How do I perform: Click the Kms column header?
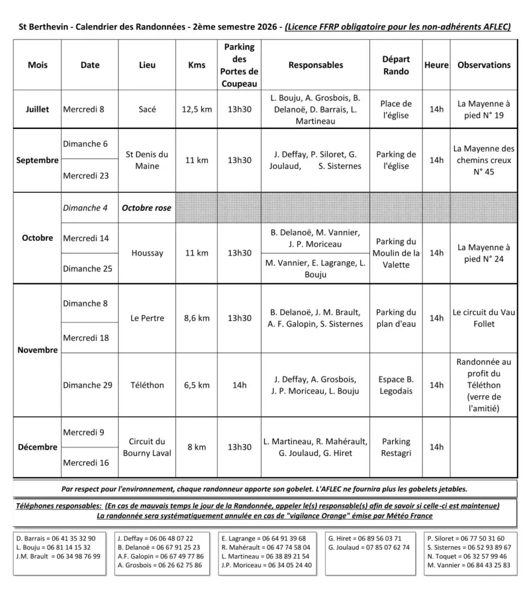coord(197,65)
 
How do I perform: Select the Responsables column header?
coord(316,65)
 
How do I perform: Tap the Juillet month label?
coord(37,109)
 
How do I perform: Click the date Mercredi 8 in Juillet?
coord(84,109)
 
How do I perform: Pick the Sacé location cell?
coord(147,109)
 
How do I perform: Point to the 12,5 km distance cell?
coord(197,109)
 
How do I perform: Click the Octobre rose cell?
coord(146,208)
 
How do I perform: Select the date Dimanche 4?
coord(85,208)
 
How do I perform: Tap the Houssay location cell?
coord(147,253)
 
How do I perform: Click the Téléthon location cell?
coord(147,385)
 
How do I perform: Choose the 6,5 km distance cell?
coord(197,385)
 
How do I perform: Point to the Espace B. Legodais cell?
coord(396,385)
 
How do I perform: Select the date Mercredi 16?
coord(86,463)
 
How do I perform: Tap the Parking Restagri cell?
coord(396,447)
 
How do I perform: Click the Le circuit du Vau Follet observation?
coord(484,318)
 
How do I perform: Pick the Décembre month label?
coord(37,447)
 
